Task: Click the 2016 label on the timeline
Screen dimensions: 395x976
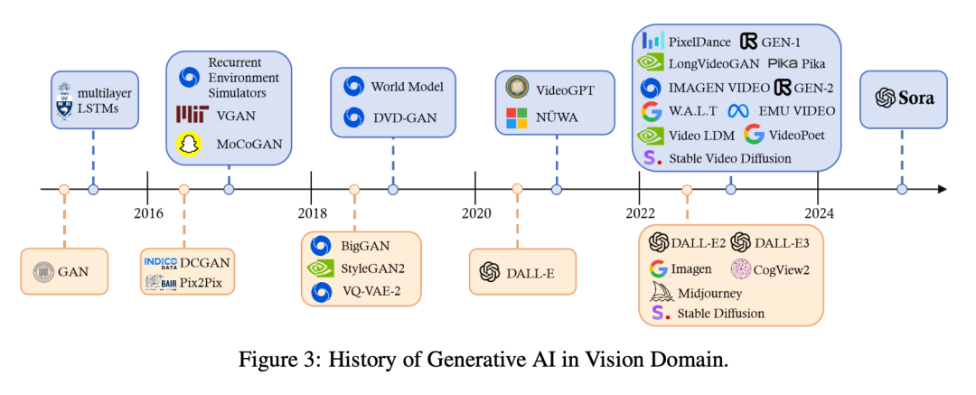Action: click(x=148, y=213)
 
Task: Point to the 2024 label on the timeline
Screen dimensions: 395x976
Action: click(x=820, y=213)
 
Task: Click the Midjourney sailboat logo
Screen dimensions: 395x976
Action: click(x=660, y=292)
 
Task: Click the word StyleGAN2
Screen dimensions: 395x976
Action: click(x=374, y=268)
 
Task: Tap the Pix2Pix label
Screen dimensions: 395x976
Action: click(x=202, y=283)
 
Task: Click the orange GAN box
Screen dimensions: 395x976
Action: click(x=64, y=270)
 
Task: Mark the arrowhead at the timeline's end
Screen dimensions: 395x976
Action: click(x=943, y=189)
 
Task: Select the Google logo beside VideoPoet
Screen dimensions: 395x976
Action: click(x=754, y=135)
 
